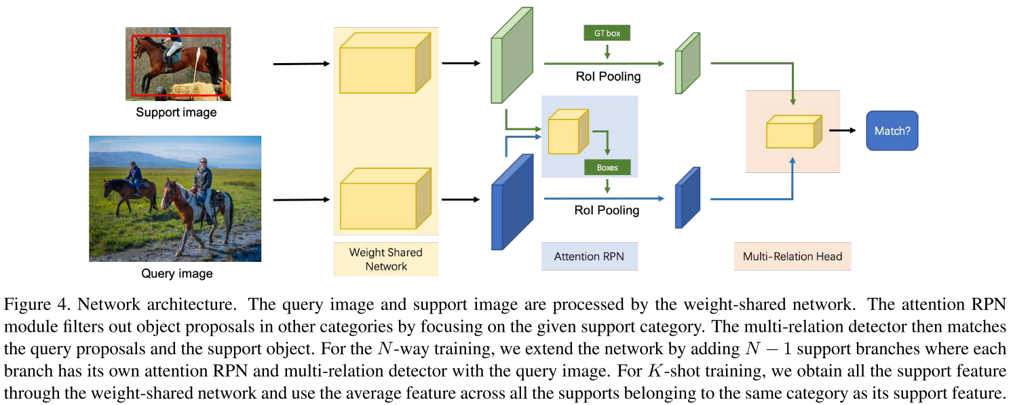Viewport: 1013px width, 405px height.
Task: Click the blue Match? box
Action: pos(892,130)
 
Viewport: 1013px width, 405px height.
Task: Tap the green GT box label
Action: pos(607,33)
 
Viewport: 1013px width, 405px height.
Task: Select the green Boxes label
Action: pos(607,167)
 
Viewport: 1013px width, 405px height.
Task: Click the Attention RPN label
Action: pos(589,257)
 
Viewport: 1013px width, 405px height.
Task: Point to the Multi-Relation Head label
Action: pos(792,256)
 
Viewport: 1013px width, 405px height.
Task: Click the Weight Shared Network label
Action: pos(385,259)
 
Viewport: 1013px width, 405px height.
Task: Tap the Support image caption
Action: pos(176,112)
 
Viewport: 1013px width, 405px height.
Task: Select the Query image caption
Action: pos(176,273)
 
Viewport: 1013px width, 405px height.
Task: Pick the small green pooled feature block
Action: pos(687,62)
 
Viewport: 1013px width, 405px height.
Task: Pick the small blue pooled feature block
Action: pos(687,197)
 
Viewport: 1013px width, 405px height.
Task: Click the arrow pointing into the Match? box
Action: pos(843,130)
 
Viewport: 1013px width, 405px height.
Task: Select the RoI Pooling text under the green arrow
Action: pos(607,77)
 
